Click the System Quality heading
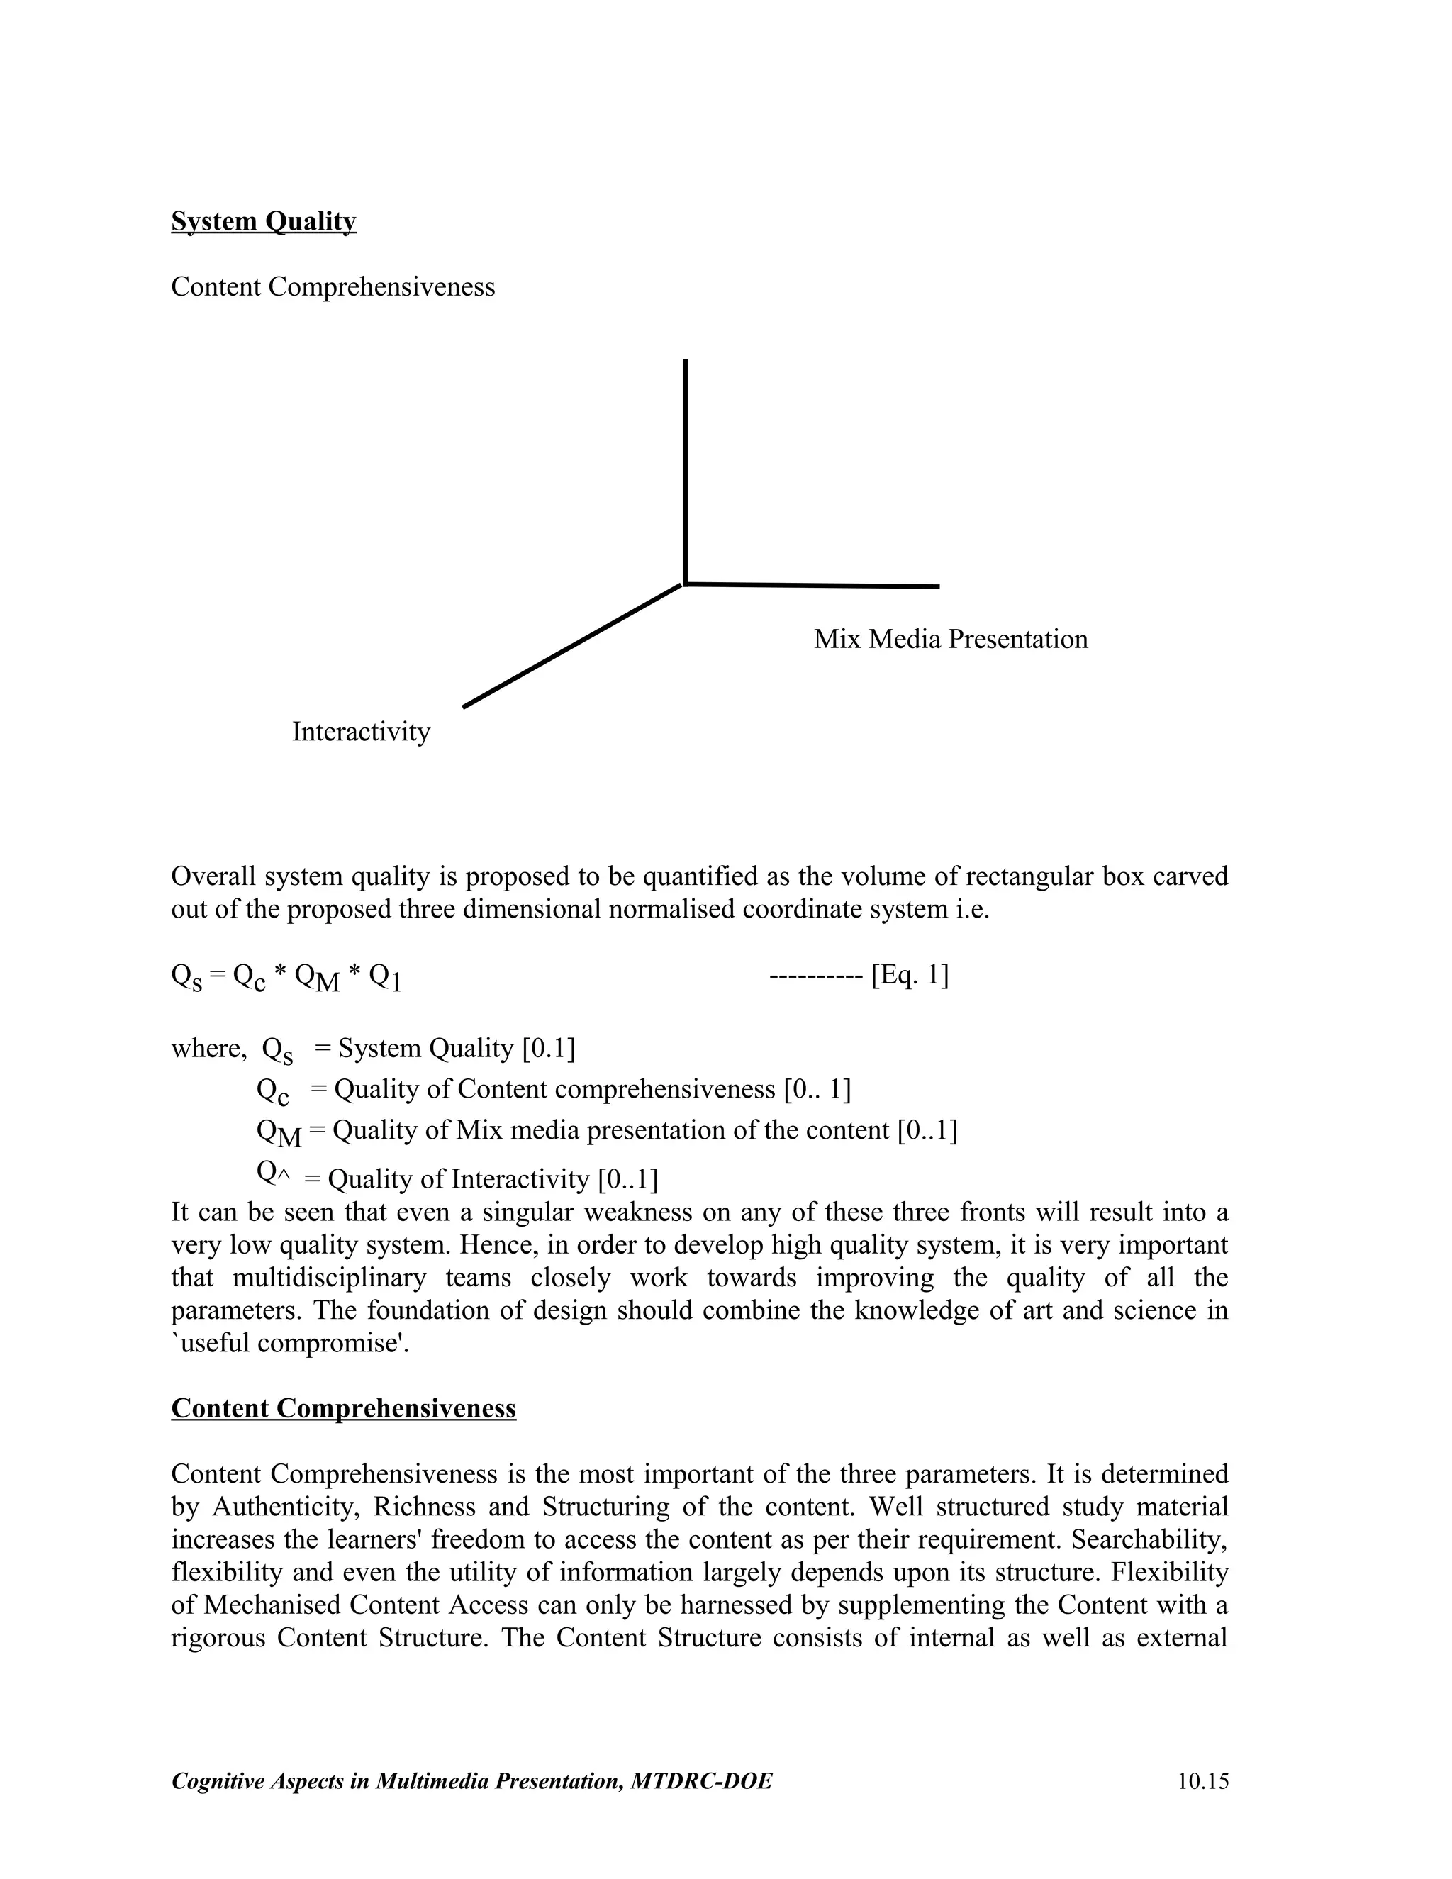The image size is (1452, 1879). pyautogui.click(x=263, y=222)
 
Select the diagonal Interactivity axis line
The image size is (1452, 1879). pyautogui.click(x=572, y=645)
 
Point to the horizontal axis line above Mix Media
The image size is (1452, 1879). pyautogui.click(x=813, y=586)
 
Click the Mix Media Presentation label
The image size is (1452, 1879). pyautogui.click(x=951, y=640)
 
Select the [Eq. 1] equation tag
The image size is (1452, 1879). pyautogui.click(x=909, y=976)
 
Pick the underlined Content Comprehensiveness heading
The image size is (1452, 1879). pyautogui.click(x=343, y=1408)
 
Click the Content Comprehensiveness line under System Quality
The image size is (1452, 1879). pyautogui.click(x=333, y=286)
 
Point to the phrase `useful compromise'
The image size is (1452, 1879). pyautogui.click(x=290, y=1343)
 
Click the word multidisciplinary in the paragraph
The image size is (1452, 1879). pyautogui.click(x=328, y=1278)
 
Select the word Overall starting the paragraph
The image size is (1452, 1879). pyautogui.click(x=213, y=876)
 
